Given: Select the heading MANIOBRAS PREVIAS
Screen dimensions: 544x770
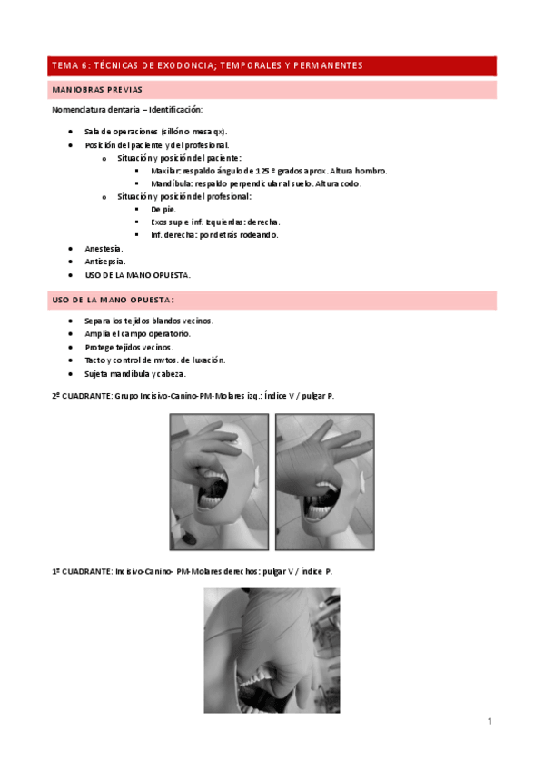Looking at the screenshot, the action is pyautogui.click(x=96, y=90).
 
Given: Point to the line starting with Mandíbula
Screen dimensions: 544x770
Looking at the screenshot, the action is pyautogui.click(x=256, y=183).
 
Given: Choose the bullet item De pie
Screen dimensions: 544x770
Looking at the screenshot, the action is pyautogui.click(x=163, y=209).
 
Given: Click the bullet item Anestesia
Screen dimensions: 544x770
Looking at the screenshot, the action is pyautogui.click(x=104, y=248).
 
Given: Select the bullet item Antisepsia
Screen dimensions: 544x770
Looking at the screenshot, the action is pyautogui.click(x=104, y=261).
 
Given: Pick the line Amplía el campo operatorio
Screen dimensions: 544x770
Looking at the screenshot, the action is pyautogui.click(x=137, y=334).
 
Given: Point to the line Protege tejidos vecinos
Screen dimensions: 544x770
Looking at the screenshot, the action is pyautogui.click(x=129, y=347).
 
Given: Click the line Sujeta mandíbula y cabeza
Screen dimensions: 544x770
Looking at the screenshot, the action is pyautogui.click(x=135, y=373).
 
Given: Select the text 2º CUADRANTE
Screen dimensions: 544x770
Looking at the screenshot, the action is pyautogui.click(x=81, y=395).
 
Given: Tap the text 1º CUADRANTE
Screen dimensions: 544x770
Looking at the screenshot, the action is pyautogui.click(x=81, y=571).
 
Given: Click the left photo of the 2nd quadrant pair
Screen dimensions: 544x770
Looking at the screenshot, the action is pyautogui.click(x=219, y=481).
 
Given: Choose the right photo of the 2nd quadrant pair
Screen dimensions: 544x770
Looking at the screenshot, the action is pyautogui.click(x=324, y=481).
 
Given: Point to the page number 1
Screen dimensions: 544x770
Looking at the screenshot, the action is pyautogui.click(x=490, y=722).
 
